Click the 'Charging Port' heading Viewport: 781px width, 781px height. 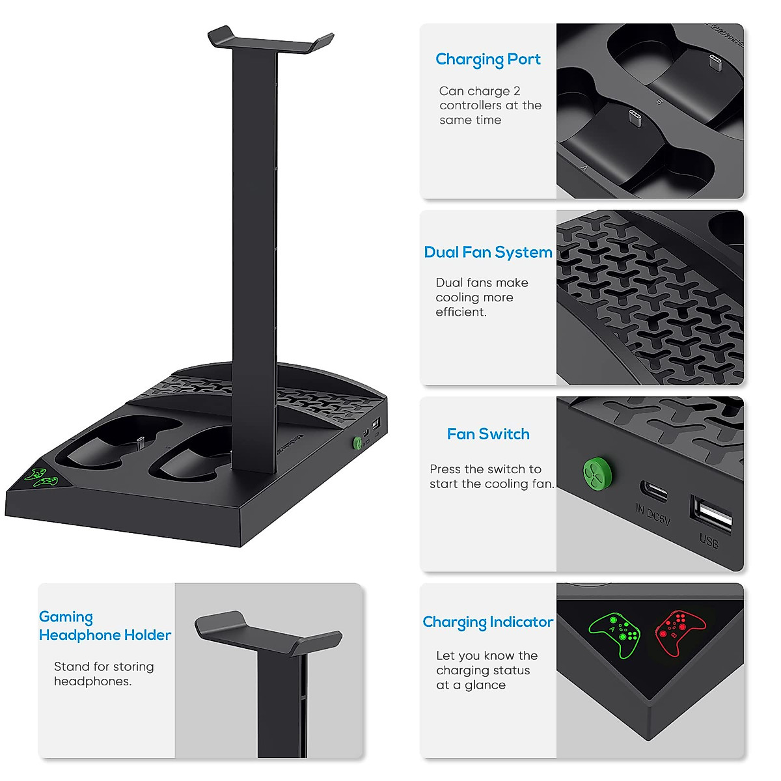pyautogui.click(x=488, y=59)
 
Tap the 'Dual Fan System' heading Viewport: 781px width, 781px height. pyautogui.click(x=488, y=253)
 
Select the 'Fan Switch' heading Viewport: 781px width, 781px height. pyautogui.click(x=488, y=434)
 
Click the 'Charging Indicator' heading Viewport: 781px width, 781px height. pyautogui.click(x=488, y=622)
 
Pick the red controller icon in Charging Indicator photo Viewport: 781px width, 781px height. pyautogui.click(x=680, y=632)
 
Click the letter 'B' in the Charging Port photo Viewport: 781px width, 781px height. pyautogui.click(x=659, y=102)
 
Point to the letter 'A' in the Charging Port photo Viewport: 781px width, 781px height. pyautogui.click(x=584, y=168)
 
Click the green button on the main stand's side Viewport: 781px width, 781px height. pyautogui.click(x=357, y=443)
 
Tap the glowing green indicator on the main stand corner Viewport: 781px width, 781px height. pyautogui.click(x=40, y=477)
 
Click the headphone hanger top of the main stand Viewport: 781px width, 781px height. pyautogui.click(x=271, y=40)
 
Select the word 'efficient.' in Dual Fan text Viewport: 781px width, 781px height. pyautogui.click(x=461, y=312)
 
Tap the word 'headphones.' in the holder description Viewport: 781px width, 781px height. pyautogui.click(x=92, y=681)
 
